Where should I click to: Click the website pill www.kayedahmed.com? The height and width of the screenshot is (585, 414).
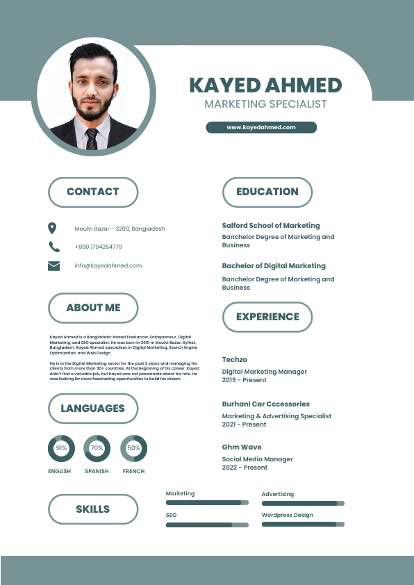(x=261, y=127)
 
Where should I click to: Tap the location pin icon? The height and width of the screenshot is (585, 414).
(x=52, y=228)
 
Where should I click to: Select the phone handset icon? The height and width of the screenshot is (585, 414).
(x=54, y=247)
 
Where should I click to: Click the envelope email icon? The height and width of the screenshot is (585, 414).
(x=53, y=265)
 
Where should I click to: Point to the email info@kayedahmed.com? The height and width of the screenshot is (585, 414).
(x=108, y=265)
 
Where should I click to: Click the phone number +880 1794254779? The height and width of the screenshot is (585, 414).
(x=98, y=247)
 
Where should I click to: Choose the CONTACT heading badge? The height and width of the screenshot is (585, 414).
(x=93, y=192)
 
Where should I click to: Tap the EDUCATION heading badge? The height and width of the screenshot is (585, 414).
(x=267, y=192)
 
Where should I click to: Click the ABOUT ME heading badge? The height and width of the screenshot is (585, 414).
(x=93, y=308)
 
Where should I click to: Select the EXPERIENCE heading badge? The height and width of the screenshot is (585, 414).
(x=267, y=317)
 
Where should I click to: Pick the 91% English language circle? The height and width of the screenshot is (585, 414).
(x=61, y=449)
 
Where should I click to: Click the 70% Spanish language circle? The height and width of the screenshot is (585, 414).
(x=97, y=449)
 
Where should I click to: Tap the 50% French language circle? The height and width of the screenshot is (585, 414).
(x=133, y=449)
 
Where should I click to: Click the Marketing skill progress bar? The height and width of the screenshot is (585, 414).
(x=206, y=502)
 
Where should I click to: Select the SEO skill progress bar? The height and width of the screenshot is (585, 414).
(x=206, y=525)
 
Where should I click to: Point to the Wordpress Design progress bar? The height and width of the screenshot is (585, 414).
(x=302, y=525)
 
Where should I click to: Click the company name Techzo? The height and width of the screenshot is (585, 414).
(x=234, y=359)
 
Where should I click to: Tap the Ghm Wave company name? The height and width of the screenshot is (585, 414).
(x=242, y=447)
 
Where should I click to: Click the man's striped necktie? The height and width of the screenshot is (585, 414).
(x=92, y=138)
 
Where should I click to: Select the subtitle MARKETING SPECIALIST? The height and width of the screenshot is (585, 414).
(x=265, y=104)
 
